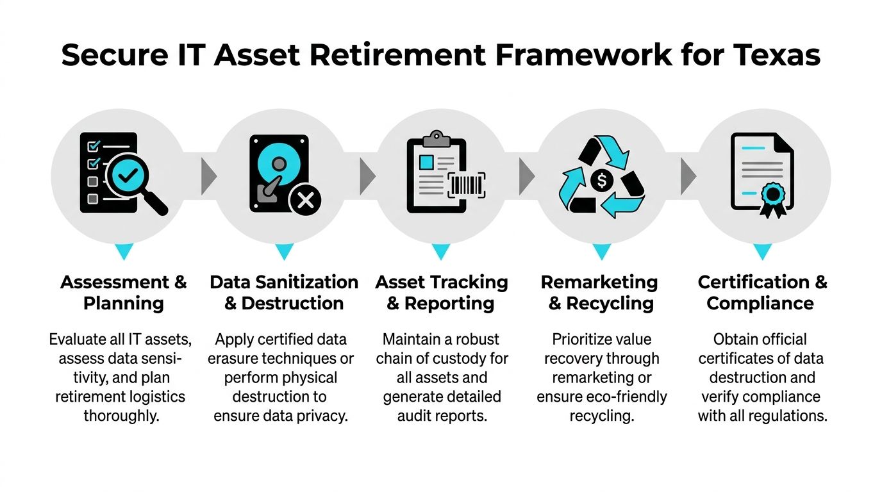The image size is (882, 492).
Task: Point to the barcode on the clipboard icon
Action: (x=466, y=185)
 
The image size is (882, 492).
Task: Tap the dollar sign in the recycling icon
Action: (x=601, y=181)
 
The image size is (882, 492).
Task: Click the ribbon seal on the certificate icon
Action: (x=772, y=196)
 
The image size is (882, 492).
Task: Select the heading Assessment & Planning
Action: (x=123, y=292)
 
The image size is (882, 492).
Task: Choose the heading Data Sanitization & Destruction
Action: (x=284, y=292)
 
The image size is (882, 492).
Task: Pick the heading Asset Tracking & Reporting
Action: (x=441, y=292)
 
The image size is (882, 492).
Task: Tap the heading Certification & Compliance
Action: (x=761, y=292)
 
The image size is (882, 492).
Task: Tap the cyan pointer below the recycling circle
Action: (x=601, y=251)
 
